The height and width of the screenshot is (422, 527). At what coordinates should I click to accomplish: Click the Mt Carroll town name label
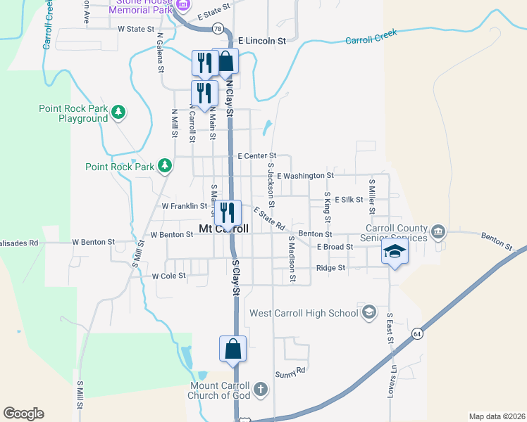(x=224, y=229)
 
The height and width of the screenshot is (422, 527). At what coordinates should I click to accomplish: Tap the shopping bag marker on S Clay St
(x=233, y=349)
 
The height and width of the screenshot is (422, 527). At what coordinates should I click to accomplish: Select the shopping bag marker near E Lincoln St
(x=225, y=62)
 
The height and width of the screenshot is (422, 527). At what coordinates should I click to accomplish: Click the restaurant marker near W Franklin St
(x=228, y=212)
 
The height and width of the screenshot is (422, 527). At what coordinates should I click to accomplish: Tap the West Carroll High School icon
(x=368, y=312)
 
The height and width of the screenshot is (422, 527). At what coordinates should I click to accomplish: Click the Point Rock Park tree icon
(x=166, y=166)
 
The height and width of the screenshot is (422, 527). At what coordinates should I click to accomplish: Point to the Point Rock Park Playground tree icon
(x=119, y=111)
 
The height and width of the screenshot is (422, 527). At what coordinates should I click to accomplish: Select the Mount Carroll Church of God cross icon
(x=260, y=389)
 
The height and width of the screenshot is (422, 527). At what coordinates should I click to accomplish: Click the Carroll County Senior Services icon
(x=438, y=231)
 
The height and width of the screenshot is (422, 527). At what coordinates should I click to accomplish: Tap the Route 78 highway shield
(x=219, y=28)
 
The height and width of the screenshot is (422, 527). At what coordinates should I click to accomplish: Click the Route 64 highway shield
(x=418, y=333)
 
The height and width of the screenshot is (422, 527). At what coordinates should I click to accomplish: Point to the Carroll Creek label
(x=371, y=37)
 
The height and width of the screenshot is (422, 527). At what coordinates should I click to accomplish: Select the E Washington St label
(x=305, y=175)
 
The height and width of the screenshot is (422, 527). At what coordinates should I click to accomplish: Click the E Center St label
(x=256, y=155)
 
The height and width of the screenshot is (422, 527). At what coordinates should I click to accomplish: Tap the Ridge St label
(x=330, y=268)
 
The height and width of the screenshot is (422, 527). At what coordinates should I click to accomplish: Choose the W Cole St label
(x=168, y=276)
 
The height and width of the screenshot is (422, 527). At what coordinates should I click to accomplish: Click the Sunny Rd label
(x=290, y=371)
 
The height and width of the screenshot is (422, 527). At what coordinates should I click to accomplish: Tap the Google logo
(x=23, y=414)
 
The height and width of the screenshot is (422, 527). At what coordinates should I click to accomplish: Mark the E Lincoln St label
(x=261, y=41)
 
